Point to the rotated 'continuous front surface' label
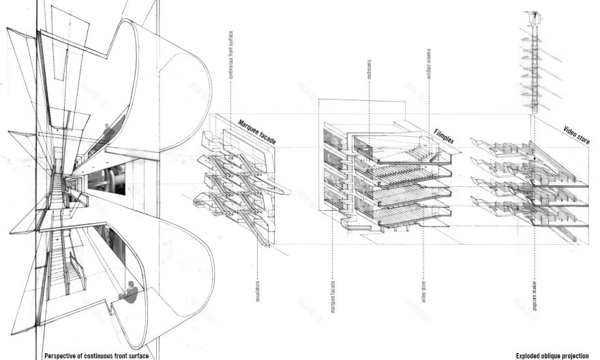230,55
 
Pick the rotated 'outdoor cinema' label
429,65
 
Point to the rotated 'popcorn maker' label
535,295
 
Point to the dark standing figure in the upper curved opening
106,130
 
